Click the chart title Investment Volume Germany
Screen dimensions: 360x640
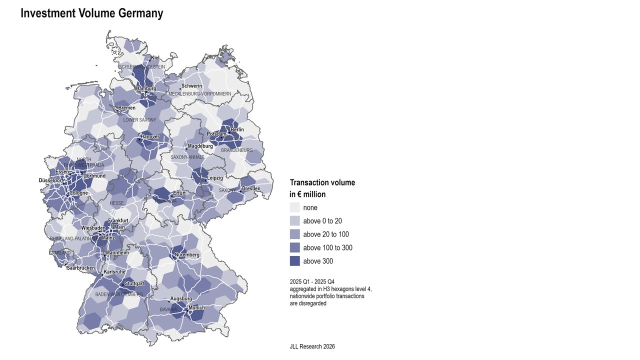click(91, 13)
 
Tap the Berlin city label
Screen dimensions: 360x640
click(237, 129)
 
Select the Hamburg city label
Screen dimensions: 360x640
click(146, 88)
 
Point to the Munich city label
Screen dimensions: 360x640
click(196, 307)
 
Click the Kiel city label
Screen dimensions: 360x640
click(155, 58)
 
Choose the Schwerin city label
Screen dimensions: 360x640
click(191, 86)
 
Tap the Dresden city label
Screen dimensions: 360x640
click(251, 188)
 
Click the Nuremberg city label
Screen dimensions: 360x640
click(187, 255)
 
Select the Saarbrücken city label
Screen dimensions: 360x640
click(80, 268)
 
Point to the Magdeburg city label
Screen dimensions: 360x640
click(200, 146)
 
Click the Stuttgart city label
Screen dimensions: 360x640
click(134, 283)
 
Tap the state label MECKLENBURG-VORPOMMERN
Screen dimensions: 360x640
click(199, 94)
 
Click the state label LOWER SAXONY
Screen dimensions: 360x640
click(139, 120)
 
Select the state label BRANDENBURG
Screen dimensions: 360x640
click(236, 150)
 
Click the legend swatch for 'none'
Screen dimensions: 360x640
click(294, 207)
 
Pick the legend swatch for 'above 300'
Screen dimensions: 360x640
click(294, 261)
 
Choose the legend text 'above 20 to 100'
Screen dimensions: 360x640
click(325, 234)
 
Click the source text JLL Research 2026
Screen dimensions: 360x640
click(312, 346)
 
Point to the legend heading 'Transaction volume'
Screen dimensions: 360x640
click(322, 182)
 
